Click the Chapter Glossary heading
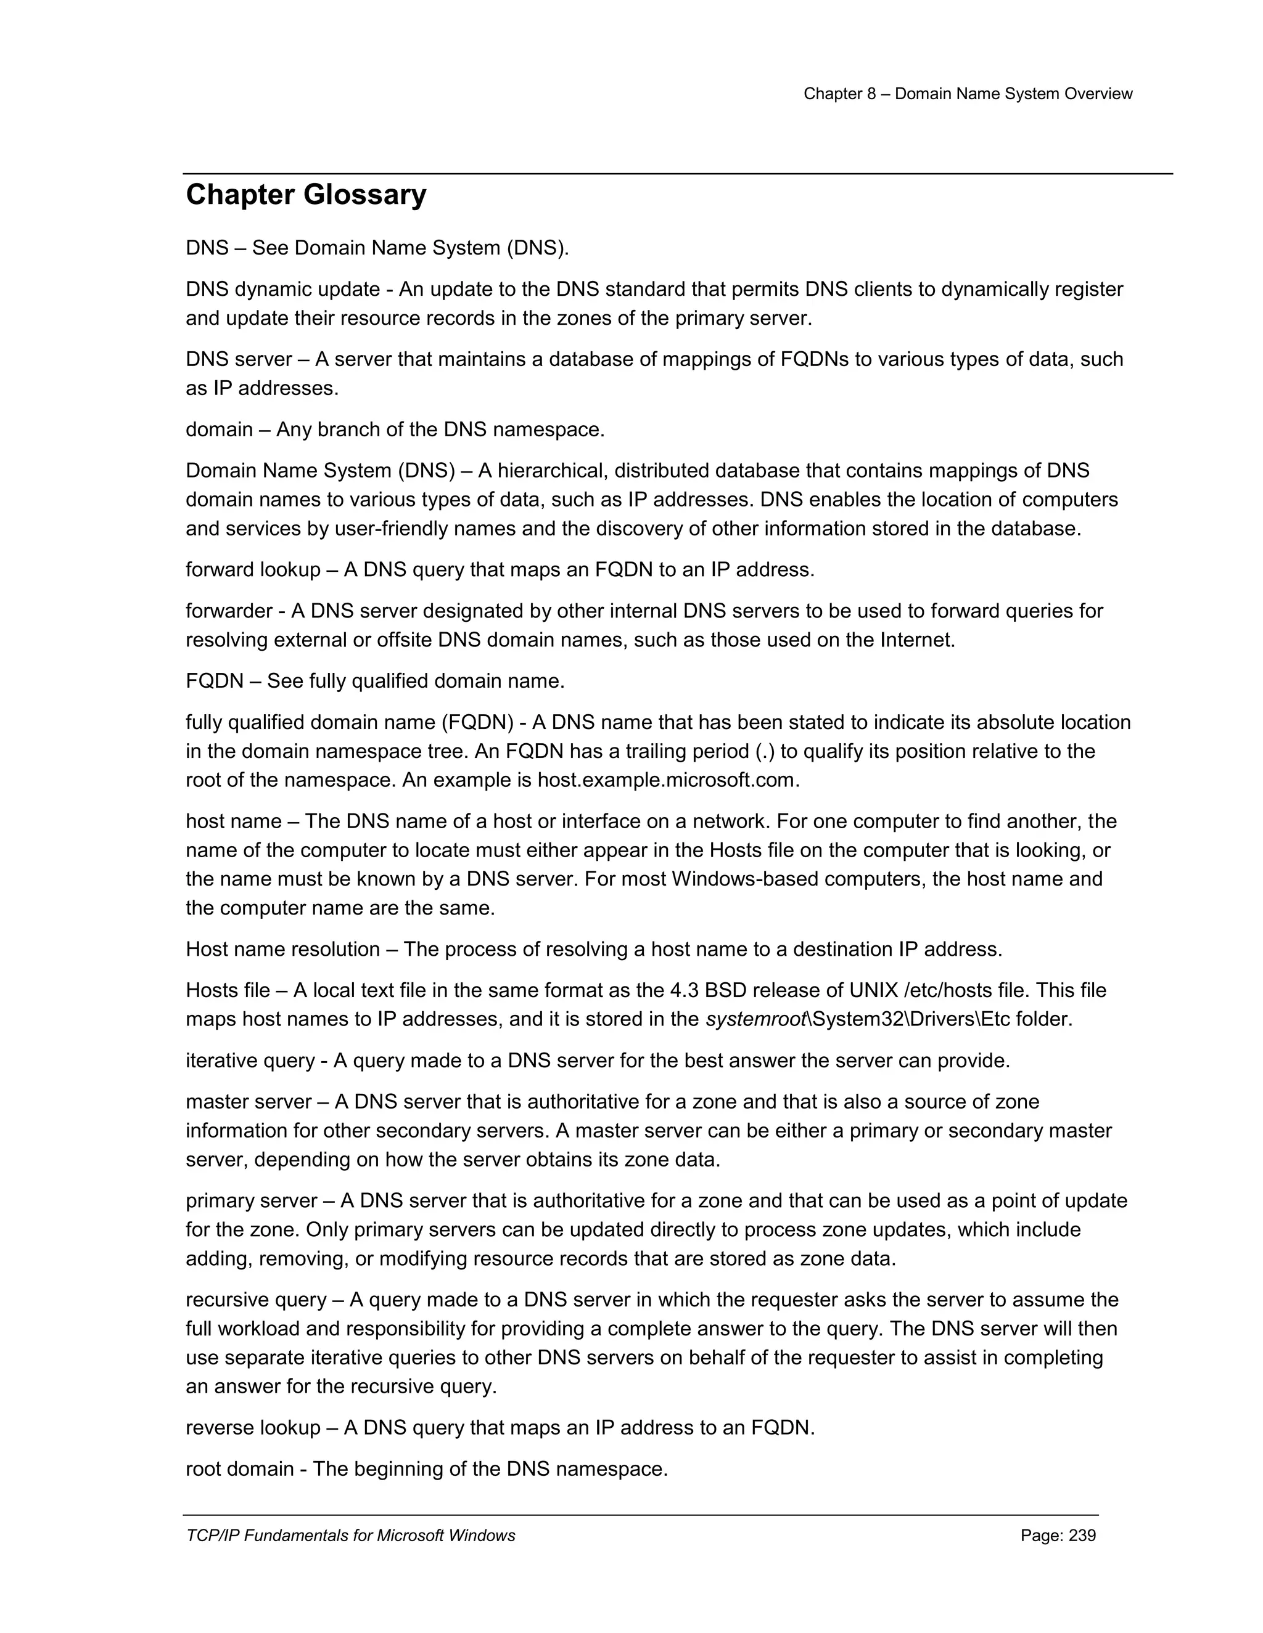coord(305,195)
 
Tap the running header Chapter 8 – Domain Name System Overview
coord(968,94)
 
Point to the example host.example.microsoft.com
coord(667,780)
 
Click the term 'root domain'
coord(239,1468)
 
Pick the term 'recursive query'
coord(255,1300)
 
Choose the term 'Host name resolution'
coord(282,949)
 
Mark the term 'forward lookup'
coord(252,570)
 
